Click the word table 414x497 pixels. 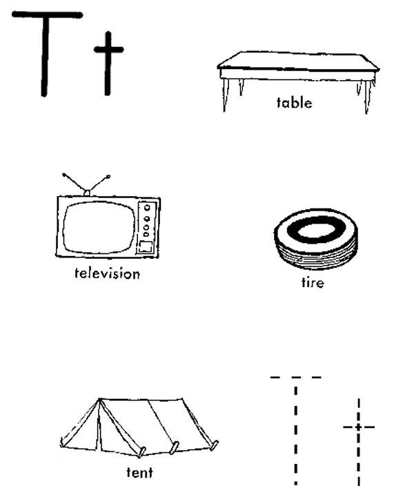click(294, 103)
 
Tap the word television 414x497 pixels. click(107, 273)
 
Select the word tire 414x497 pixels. click(313, 282)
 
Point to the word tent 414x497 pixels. click(139, 472)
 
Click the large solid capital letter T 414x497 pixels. click(45, 54)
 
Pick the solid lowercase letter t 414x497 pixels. click(108, 64)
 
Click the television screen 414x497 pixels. click(99, 227)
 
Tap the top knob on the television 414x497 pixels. click(147, 208)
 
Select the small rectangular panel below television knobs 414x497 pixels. click(146, 246)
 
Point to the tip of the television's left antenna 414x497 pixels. click(64, 175)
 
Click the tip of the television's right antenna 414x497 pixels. click(108, 176)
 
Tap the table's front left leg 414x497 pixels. click(225, 95)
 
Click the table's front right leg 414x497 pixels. click(367, 97)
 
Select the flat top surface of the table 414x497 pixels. click(298, 61)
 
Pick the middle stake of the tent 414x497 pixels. click(174, 447)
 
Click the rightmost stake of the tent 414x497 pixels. click(214, 445)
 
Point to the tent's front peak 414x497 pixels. click(99, 399)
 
